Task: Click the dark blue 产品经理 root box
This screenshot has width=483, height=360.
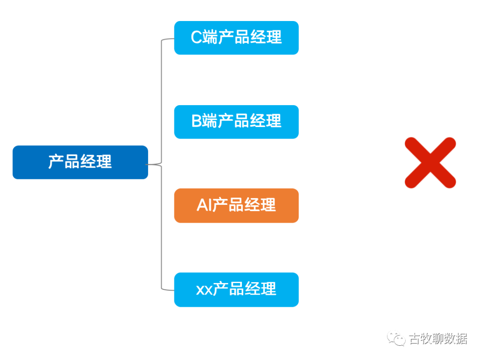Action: [x=80, y=162]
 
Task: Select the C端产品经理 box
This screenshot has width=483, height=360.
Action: [x=236, y=38]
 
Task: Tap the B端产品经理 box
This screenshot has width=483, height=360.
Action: [x=236, y=122]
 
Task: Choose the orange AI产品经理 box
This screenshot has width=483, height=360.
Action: [x=236, y=205]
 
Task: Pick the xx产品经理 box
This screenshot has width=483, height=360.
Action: [x=236, y=289]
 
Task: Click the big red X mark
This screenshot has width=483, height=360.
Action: [x=430, y=162]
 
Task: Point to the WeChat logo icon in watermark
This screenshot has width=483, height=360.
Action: [x=396, y=338]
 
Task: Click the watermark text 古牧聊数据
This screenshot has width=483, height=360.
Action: [x=438, y=339]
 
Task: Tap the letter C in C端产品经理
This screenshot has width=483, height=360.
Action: [x=196, y=38]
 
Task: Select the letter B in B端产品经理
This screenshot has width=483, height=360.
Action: [x=197, y=122]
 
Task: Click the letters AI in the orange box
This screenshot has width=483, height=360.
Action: [x=203, y=205]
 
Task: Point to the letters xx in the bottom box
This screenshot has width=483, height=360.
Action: [x=204, y=290]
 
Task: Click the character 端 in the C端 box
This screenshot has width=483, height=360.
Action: [x=210, y=38]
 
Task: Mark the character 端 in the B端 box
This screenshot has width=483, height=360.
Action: [x=210, y=122]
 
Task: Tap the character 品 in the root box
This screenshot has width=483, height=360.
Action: [x=72, y=162]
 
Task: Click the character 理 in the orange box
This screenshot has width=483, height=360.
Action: [x=268, y=205]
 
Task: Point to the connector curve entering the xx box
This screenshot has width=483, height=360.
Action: [x=166, y=289]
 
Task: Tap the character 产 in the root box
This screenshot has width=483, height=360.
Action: [x=56, y=162]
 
